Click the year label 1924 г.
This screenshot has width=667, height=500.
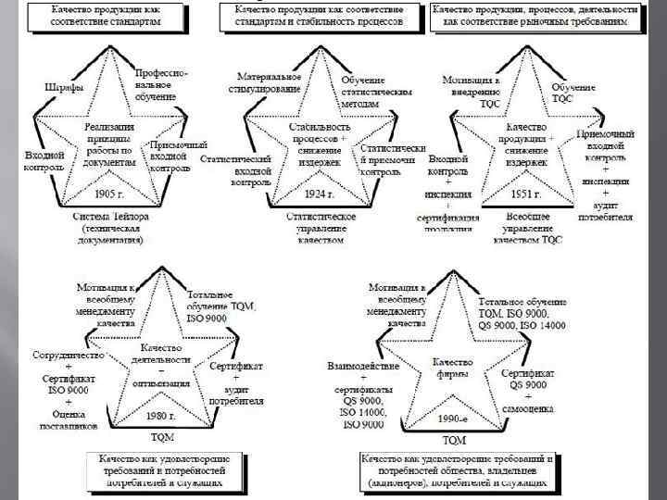coord(320,194)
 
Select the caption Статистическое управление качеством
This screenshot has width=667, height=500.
coord(321,228)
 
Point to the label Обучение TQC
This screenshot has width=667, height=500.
coord(573,93)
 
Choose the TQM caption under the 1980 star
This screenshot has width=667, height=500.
coord(162,437)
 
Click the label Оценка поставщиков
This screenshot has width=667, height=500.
coord(64,420)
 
